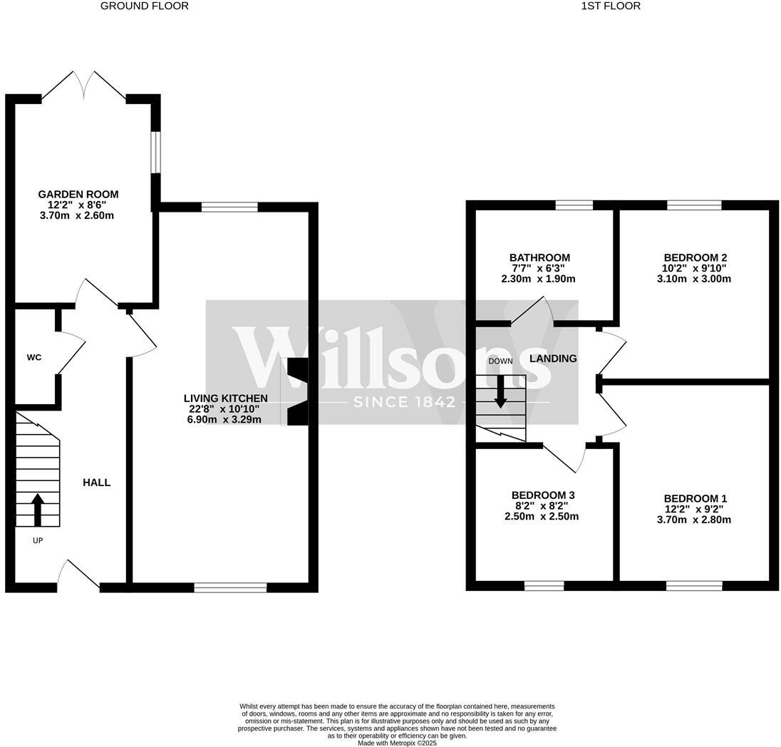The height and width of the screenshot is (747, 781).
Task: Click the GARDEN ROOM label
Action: tap(78, 194)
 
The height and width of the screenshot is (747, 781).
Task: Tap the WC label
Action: tap(34, 357)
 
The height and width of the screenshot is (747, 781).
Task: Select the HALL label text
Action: tap(96, 483)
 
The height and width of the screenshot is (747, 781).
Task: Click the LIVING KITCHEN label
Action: tap(225, 398)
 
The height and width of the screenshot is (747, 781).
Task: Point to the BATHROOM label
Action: tap(539, 257)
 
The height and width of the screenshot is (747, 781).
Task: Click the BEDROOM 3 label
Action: tap(542, 495)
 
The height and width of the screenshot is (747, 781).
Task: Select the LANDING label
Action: tap(553, 359)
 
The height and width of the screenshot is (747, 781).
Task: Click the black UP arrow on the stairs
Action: tap(38, 509)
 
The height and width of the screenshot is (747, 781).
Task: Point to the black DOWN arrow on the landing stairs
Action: tap(500, 391)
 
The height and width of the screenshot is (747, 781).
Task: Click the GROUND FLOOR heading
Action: tap(145, 6)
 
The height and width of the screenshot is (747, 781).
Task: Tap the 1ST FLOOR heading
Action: tap(611, 6)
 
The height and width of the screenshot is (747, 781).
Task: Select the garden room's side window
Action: tap(155, 151)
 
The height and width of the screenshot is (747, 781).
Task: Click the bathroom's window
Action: tap(574, 205)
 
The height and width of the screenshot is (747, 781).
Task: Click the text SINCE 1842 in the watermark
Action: tap(404, 402)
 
